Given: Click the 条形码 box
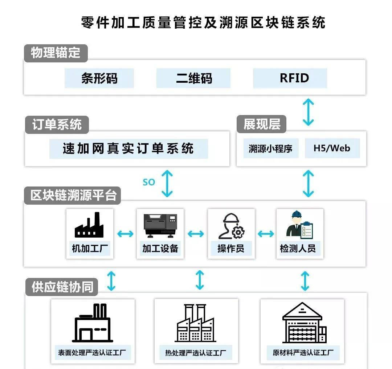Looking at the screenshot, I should click(99, 78).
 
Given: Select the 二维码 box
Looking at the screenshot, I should click(193, 78).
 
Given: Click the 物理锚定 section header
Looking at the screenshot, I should click(56, 53).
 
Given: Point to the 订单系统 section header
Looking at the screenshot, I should click(57, 125).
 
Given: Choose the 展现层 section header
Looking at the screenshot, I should click(261, 124).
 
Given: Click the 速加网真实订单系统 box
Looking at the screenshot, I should click(128, 149).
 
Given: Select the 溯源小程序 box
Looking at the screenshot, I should click(270, 148).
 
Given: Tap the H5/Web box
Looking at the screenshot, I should click(332, 148).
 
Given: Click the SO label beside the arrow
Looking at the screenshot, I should click(149, 182).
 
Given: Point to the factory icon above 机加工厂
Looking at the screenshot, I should click(89, 226).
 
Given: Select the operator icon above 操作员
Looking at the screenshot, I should click(231, 226).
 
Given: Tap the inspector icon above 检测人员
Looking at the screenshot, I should click(299, 225).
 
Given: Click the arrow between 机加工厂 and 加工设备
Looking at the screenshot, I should click(125, 234).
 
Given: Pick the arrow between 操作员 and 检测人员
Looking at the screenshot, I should click(266, 234).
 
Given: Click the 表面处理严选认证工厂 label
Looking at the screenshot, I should click(92, 352).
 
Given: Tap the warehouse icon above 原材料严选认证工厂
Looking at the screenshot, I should click(303, 323).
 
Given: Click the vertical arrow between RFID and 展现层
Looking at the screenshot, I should click(308, 112).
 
